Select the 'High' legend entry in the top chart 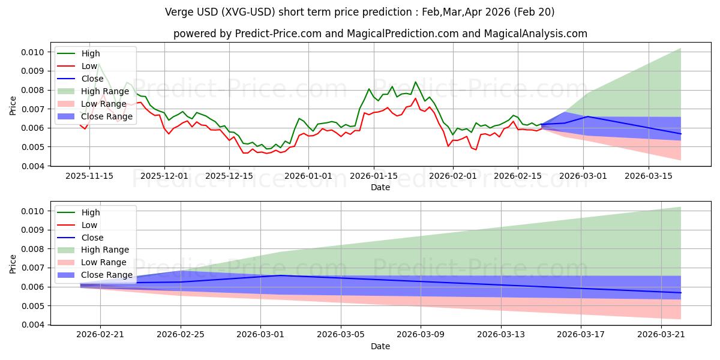coord(91,53)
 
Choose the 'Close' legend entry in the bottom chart coord(92,238)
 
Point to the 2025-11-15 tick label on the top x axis coord(89,176)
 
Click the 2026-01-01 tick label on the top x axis coord(308,176)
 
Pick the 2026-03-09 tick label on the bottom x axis coord(421,334)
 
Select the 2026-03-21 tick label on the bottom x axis coord(661,334)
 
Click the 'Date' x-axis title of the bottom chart coord(380,346)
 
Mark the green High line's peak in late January coord(415,82)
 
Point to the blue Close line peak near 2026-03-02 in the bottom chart coord(281,275)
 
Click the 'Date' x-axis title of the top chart coord(380,187)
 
